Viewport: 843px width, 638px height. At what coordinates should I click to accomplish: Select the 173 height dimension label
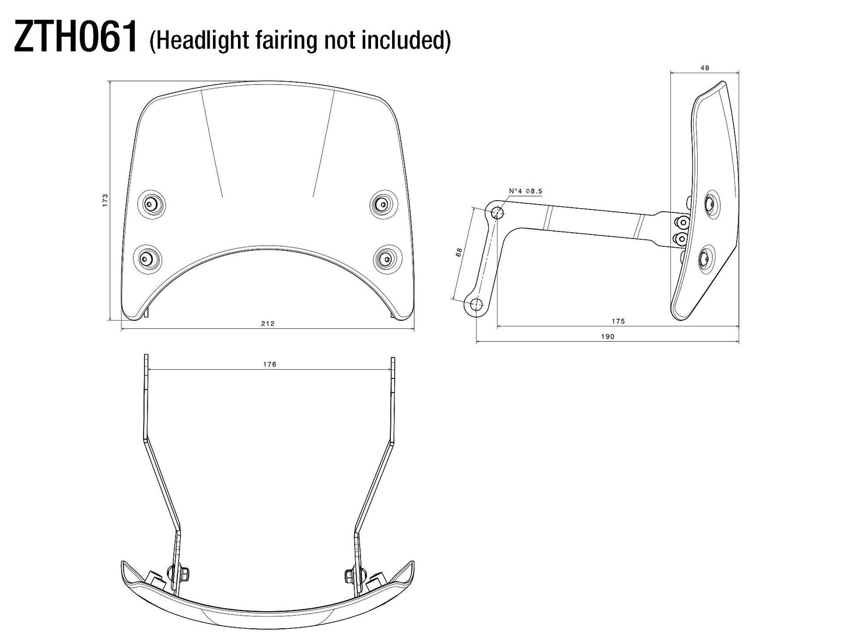click(105, 201)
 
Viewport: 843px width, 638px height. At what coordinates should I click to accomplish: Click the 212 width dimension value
click(268, 324)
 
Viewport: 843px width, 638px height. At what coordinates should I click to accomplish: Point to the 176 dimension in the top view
click(270, 364)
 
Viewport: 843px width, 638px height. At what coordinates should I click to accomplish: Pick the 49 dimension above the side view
click(704, 68)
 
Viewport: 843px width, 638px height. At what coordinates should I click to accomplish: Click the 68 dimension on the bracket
click(459, 252)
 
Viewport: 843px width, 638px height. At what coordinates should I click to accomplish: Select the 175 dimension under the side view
click(618, 321)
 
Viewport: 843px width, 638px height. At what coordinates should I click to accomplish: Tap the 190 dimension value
click(607, 336)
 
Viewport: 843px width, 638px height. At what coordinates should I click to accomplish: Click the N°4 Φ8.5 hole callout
click(526, 191)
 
